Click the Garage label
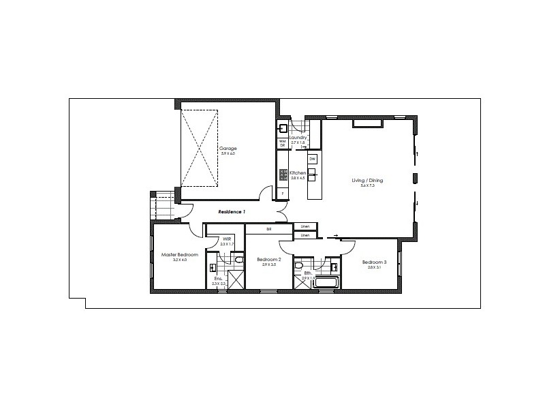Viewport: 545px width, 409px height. click(227, 148)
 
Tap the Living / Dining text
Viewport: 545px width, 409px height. click(367, 180)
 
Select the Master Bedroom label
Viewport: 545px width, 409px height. click(179, 254)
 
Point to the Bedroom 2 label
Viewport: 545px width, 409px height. click(268, 260)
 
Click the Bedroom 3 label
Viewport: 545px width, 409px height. click(374, 262)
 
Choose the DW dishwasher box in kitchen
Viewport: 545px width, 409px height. click(312, 159)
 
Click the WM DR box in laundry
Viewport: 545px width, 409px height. click(282, 143)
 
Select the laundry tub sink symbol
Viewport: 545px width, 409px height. click(283, 127)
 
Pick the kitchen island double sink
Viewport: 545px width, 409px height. click(312, 176)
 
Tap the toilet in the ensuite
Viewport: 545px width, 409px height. click(238, 260)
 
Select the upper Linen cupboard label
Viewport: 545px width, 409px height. click(305, 226)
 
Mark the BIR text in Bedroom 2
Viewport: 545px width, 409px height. click(269, 230)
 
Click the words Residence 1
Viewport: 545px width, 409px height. click(231, 212)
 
